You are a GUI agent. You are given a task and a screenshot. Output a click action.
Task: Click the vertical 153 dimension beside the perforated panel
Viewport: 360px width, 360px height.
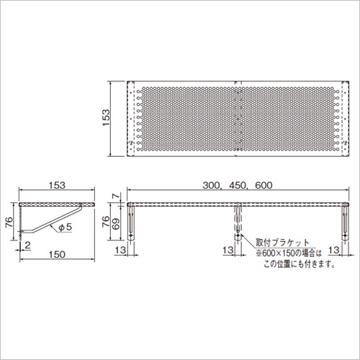(x=106, y=117)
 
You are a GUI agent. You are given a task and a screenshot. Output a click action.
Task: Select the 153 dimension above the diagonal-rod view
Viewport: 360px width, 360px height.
(x=57, y=185)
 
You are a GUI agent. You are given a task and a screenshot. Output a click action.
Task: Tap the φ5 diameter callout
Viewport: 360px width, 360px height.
(x=66, y=227)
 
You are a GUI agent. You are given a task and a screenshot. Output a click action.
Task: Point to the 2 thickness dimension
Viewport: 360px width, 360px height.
(x=27, y=246)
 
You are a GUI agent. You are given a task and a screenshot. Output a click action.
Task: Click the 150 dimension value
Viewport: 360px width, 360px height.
(x=57, y=254)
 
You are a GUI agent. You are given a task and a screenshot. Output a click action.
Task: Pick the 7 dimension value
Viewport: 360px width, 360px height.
(x=116, y=196)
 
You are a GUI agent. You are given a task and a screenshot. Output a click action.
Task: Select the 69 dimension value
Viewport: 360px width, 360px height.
(x=116, y=224)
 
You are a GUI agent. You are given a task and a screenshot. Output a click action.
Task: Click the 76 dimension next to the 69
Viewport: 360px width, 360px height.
(x=106, y=221)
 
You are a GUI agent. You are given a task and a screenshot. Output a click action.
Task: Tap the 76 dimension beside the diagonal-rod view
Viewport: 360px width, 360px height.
(x=9, y=222)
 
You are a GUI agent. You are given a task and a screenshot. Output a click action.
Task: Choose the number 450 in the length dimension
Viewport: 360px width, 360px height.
(x=238, y=185)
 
